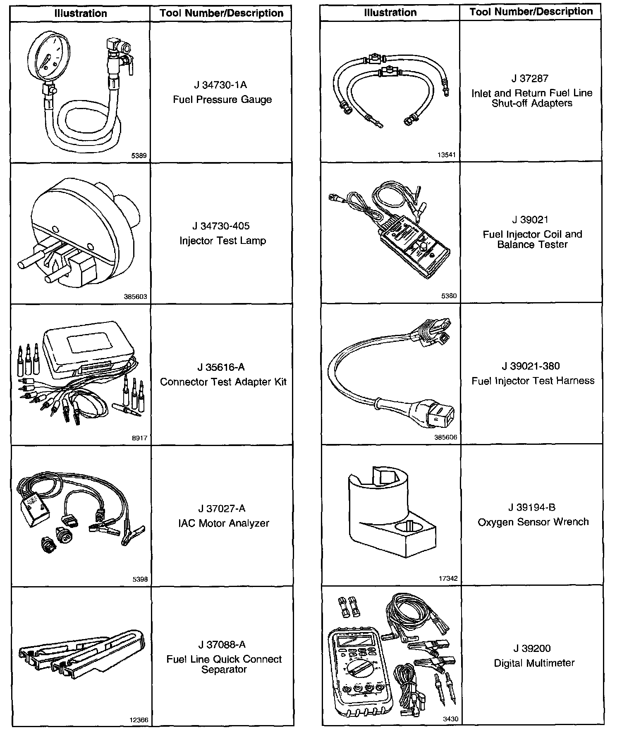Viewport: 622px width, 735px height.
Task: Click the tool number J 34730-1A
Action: pyautogui.click(x=220, y=85)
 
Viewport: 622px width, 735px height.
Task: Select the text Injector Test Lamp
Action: pyautogui.click(x=222, y=241)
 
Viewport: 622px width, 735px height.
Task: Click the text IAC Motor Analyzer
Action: pyautogui.click(x=223, y=523)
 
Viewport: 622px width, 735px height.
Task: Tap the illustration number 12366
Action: pyautogui.click(x=139, y=720)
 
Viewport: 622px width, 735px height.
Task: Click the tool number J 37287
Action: pyautogui.click(x=530, y=79)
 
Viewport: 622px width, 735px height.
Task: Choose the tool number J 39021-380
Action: pyautogui.click(x=531, y=366)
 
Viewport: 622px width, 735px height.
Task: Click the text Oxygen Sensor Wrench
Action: pyautogui.click(x=533, y=522)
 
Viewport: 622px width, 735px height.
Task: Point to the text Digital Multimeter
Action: pyautogui.click(x=534, y=663)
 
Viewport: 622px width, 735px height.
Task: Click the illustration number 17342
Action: pyautogui.click(x=448, y=578)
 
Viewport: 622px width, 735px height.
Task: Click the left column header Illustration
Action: pyautogui.click(x=81, y=13)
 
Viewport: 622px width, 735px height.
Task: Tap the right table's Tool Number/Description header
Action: pyautogui.click(x=531, y=12)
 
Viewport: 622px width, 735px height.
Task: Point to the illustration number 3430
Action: pyautogui.click(x=450, y=719)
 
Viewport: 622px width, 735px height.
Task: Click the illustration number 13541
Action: pyautogui.click(x=446, y=155)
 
